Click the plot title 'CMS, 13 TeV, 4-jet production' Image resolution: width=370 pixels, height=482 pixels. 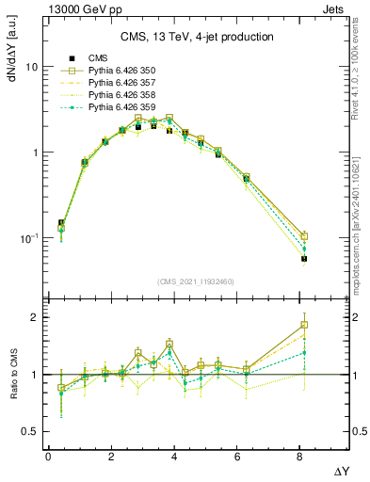[x=197, y=37]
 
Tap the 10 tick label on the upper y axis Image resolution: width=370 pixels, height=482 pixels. [x=30, y=68]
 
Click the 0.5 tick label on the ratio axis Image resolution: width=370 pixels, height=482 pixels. [x=28, y=431]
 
